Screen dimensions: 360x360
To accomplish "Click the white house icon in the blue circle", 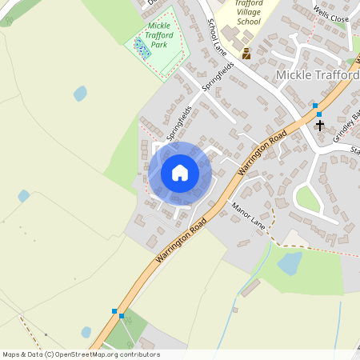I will pyautogui.click(x=180, y=173).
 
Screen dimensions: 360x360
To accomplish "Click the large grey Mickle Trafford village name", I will pyautogui.click(x=317, y=74).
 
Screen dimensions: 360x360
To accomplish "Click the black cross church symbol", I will pyautogui.click(x=320, y=125).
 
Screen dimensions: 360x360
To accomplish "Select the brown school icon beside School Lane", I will pyautogui.click(x=246, y=54).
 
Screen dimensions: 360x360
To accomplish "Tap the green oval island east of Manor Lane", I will pyautogui.click(x=307, y=198).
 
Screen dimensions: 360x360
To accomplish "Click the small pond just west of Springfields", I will pyautogui.click(x=80, y=94).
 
